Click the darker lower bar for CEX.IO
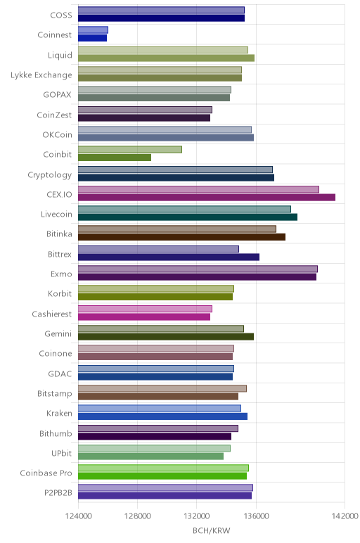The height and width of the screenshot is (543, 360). pyautogui.click(x=207, y=198)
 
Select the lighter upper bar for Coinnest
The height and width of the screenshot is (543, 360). pyautogui.click(x=93, y=30)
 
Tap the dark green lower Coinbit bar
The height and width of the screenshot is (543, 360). pyautogui.click(x=115, y=158)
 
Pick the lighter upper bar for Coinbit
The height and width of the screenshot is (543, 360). pyautogui.click(x=130, y=149)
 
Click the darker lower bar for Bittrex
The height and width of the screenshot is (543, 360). pyautogui.click(x=169, y=257)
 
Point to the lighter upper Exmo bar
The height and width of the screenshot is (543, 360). pyautogui.click(x=198, y=269)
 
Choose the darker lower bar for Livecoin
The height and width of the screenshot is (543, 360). pyautogui.click(x=188, y=217)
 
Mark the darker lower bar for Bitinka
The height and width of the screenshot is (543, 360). pyautogui.click(x=181, y=237)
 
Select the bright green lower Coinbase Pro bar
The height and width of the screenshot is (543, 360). pyautogui.click(x=162, y=476)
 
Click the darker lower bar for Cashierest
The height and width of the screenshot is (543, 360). pyautogui.click(x=144, y=317)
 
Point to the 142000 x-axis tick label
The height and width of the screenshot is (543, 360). pyautogui.click(x=345, y=516)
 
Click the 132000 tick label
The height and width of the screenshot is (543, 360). pyautogui.click(x=197, y=516)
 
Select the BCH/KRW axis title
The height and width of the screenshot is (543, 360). pyautogui.click(x=211, y=531)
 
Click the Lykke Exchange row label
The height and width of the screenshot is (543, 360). pyautogui.click(x=41, y=75)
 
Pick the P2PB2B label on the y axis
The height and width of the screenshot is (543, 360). pyautogui.click(x=58, y=493)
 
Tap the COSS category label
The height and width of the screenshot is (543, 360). pyautogui.click(x=61, y=15)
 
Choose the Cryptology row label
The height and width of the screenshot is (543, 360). pyautogui.click(x=50, y=175)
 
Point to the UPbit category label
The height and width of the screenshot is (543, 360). pyautogui.click(x=62, y=453)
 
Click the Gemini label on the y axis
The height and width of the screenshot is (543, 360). pyautogui.click(x=58, y=334)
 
